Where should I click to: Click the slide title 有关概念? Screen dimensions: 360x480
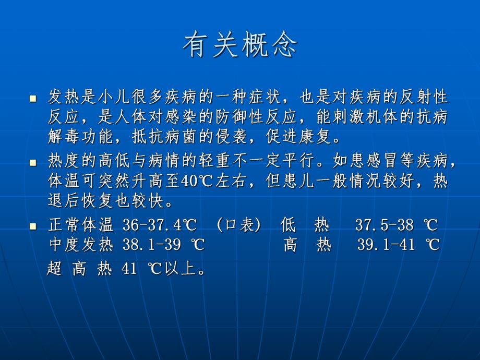click(239, 46)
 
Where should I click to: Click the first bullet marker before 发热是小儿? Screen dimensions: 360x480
click(33, 98)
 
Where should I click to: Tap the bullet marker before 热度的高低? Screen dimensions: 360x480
click(33, 163)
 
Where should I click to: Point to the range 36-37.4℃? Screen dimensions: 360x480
click(160, 225)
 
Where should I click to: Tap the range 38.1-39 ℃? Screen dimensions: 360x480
click(163, 245)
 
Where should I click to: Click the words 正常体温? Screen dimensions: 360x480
click(80, 225)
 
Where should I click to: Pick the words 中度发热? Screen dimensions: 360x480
click(80, 245)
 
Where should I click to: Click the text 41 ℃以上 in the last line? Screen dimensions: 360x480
click(157, 269)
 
